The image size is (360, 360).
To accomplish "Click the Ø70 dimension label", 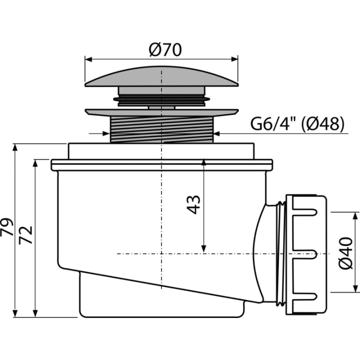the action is pyautogui.click(x=165, y=49).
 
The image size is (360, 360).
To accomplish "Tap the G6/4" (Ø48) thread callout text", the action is pyautogui.click(x=297, y=124).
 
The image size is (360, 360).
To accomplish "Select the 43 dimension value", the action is pyautogui.click(x=194, y=205).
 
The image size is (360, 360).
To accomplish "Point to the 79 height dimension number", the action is pyautogui.click(x=7, y=227).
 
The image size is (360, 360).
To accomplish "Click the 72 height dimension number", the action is pyautogui.click(x=25, y=235).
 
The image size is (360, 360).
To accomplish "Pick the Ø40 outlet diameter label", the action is pyautogui.click(x=346, y=253).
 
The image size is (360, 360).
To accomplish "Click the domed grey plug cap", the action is pyautogui.click(x=161, y=76).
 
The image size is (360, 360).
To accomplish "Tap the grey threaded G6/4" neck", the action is pyautogui.click(x=162, y=129).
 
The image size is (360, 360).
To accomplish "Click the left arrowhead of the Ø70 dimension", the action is pyautogui.click(x=88, y=59).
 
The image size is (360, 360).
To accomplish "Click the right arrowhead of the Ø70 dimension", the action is pyautogui.click(x=234, y=59).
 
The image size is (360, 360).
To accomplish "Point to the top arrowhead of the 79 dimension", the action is pyautogui.click(x=15, y=147).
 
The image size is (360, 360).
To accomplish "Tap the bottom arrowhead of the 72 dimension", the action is pyautogui.click(x=35, y=313).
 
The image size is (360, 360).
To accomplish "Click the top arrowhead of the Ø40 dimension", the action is pyautogui.click(x=355, y=216).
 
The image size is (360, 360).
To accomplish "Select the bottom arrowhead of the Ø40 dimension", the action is pyautogui.click(x=355, y=289).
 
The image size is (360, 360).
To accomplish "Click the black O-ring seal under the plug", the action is pyautogui.click(x=161, y=99).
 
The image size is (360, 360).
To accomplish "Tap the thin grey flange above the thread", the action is pyautogui.click(x=161, y=112).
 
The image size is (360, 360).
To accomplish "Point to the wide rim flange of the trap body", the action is pyautogui.click(x=162, y=165).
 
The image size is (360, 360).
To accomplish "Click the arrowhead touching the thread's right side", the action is pyautogui.click(x=217, y=133).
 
